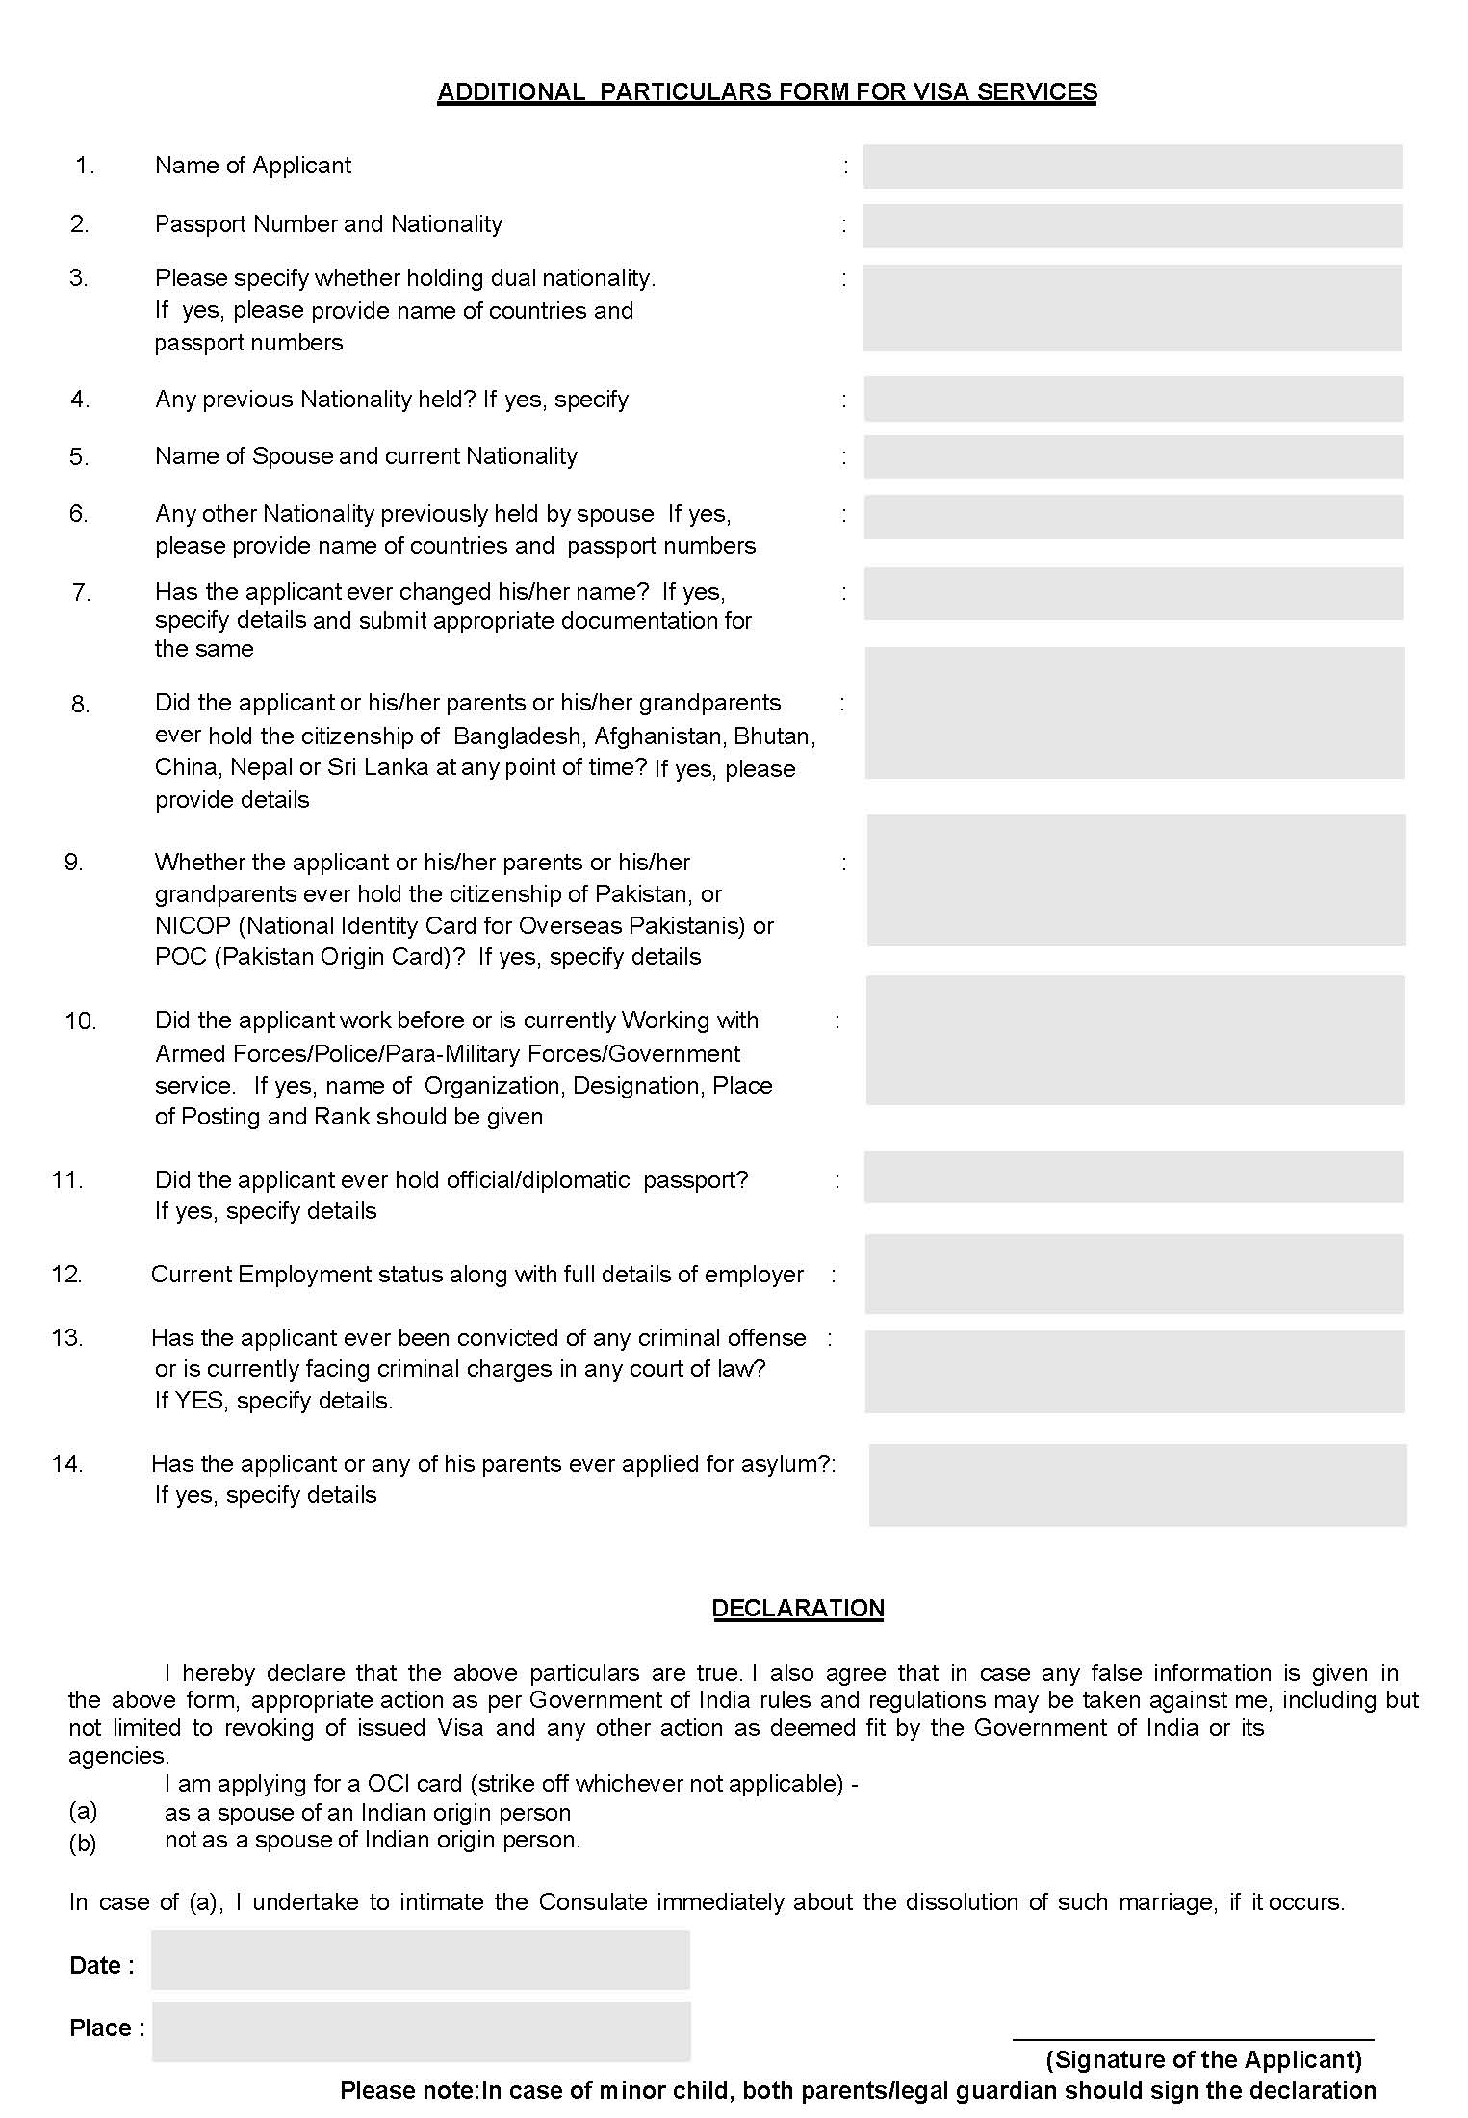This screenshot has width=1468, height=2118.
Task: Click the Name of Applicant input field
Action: tap(1132, 167)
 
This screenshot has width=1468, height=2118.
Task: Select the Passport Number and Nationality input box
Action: tap(1132, 226)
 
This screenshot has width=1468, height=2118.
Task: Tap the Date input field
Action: tap(421, 1959)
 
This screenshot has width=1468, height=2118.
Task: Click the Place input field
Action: tap(421, 2031)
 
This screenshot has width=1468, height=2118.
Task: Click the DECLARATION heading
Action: tap(798, 1609)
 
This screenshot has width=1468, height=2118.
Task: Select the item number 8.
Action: tap(80, 705)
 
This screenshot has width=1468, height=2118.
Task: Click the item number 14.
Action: tap(67, 1464)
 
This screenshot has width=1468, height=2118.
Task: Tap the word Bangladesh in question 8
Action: tap(518, 736)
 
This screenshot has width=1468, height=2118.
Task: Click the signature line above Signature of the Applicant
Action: tap(1193, 2038)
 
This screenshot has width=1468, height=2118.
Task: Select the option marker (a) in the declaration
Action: tap(83, 1811)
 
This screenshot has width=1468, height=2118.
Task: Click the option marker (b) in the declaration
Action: tap(83, 1844)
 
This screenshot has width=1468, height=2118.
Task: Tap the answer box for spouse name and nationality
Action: tap(1133, 457)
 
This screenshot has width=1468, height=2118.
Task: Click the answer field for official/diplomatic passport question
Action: tap(1133, 1177)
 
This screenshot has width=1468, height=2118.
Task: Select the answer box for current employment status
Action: tap(1133, 1275)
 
